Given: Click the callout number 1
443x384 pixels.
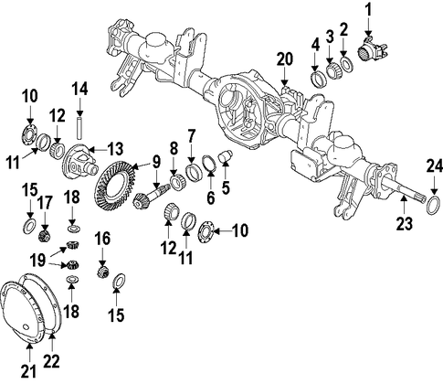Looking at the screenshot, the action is point(369,10).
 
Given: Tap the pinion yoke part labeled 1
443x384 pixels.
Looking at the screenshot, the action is point(374,50).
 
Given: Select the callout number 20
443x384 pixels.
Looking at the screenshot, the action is point(285,59).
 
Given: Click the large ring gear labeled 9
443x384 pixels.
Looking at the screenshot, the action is point(115,187).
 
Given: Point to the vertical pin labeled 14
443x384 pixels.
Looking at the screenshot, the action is point(79,127).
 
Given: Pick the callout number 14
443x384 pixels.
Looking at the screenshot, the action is point(79,90).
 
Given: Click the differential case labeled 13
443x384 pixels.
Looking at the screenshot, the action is point(80,162).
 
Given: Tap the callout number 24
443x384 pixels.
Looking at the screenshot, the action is point(434,167).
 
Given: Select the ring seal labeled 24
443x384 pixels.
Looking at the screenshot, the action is point(433,206).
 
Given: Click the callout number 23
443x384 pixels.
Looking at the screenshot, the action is point(405,223).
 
